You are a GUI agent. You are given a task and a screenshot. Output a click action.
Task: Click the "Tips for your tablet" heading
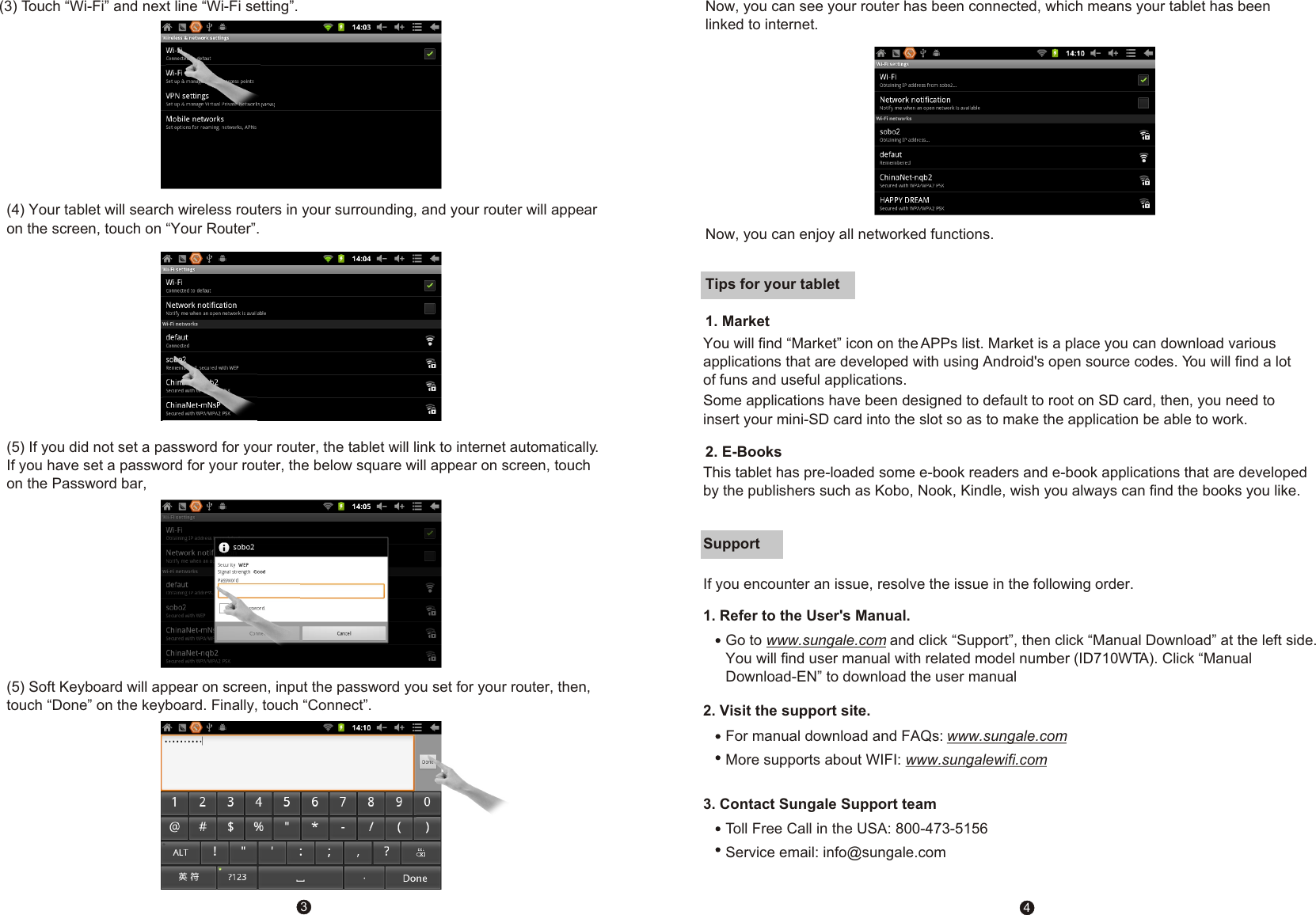pyautogui.click(x=772, y=284)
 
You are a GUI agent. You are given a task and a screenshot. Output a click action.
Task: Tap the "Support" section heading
pyautogui.click(x=732, y=544)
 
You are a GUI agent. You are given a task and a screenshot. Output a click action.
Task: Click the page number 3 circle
pyautogui.click(x=303, y=907)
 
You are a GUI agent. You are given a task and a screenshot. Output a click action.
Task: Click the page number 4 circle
pyautogui.click(x=1027, y=907)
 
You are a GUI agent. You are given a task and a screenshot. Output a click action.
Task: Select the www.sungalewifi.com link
pyautogui.click(x=976, y=760)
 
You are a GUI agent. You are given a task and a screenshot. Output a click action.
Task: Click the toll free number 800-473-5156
pyautogui.click(x=941, y=829)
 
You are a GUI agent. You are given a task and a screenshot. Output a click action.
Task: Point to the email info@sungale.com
pyautogui.click(x=884, y=852)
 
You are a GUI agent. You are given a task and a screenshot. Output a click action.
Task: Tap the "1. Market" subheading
pyautogui.click(x=737, y=321)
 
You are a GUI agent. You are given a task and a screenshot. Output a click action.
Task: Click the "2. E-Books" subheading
pyautogui.click(x=744, y=452)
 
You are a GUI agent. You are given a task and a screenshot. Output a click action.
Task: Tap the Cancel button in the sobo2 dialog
pyautogui.click(x=344, y=633)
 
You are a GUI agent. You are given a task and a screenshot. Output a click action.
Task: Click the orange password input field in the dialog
pyautogui.click(x=301, y=591)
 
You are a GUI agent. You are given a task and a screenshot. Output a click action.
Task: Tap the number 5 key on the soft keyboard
pyautogui.click(x=287, y=803)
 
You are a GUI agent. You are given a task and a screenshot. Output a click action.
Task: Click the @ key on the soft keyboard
pyautogui.click(x=175, y=827)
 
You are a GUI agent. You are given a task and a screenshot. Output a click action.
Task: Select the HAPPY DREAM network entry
pyautogui.click(x=904, y=200)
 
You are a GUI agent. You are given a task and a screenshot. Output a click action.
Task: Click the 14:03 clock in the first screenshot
pyautogui.click(x=361, y=27)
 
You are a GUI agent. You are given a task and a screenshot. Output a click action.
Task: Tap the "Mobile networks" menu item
pyautogui.click(x=195, y=120)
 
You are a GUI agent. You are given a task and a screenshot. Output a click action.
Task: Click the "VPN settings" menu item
pyautogui.click(x=188, y=97)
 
